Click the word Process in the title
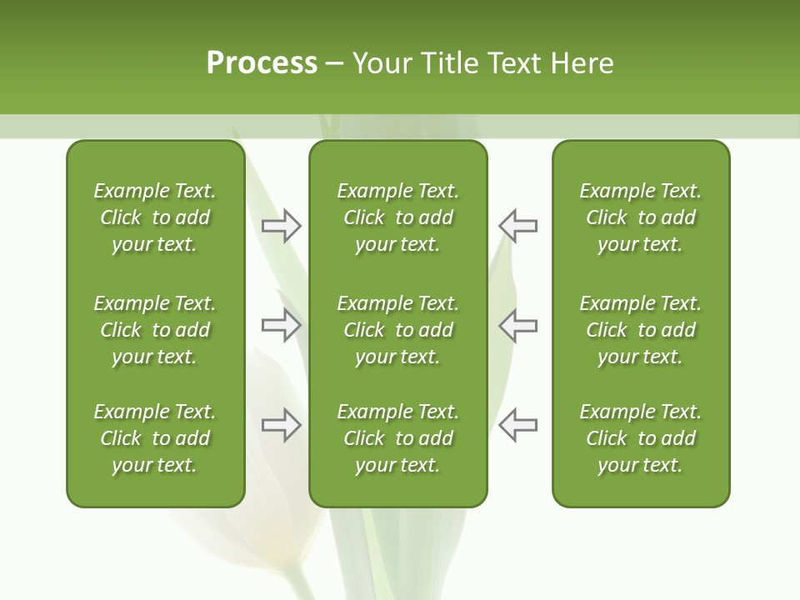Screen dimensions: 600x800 [x=262, y=63]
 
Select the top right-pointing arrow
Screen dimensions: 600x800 [x=282, y=226]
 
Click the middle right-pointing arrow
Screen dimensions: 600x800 [x=282, y=325]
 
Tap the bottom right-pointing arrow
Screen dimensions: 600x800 [x=282, y=425]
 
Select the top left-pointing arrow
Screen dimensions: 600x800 [x=517, y=226]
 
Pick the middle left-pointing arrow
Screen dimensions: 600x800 [x=517, y=325]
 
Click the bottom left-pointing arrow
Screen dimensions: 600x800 [x=517, y=425]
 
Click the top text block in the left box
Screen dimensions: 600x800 [x=155, y=217]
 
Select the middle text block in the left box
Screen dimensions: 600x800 [x=155, y=330]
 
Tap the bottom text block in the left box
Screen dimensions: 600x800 [x=155, y=438]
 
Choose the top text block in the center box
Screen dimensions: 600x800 [x=398, y=217]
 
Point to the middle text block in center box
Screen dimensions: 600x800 [x=398, y=330]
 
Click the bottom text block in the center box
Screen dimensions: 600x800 [x=398, y=438]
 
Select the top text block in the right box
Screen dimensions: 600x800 [x=641, y=217]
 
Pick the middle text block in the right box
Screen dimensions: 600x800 [x=641, y=330]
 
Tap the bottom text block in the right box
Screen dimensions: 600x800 [x=641, y=438]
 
